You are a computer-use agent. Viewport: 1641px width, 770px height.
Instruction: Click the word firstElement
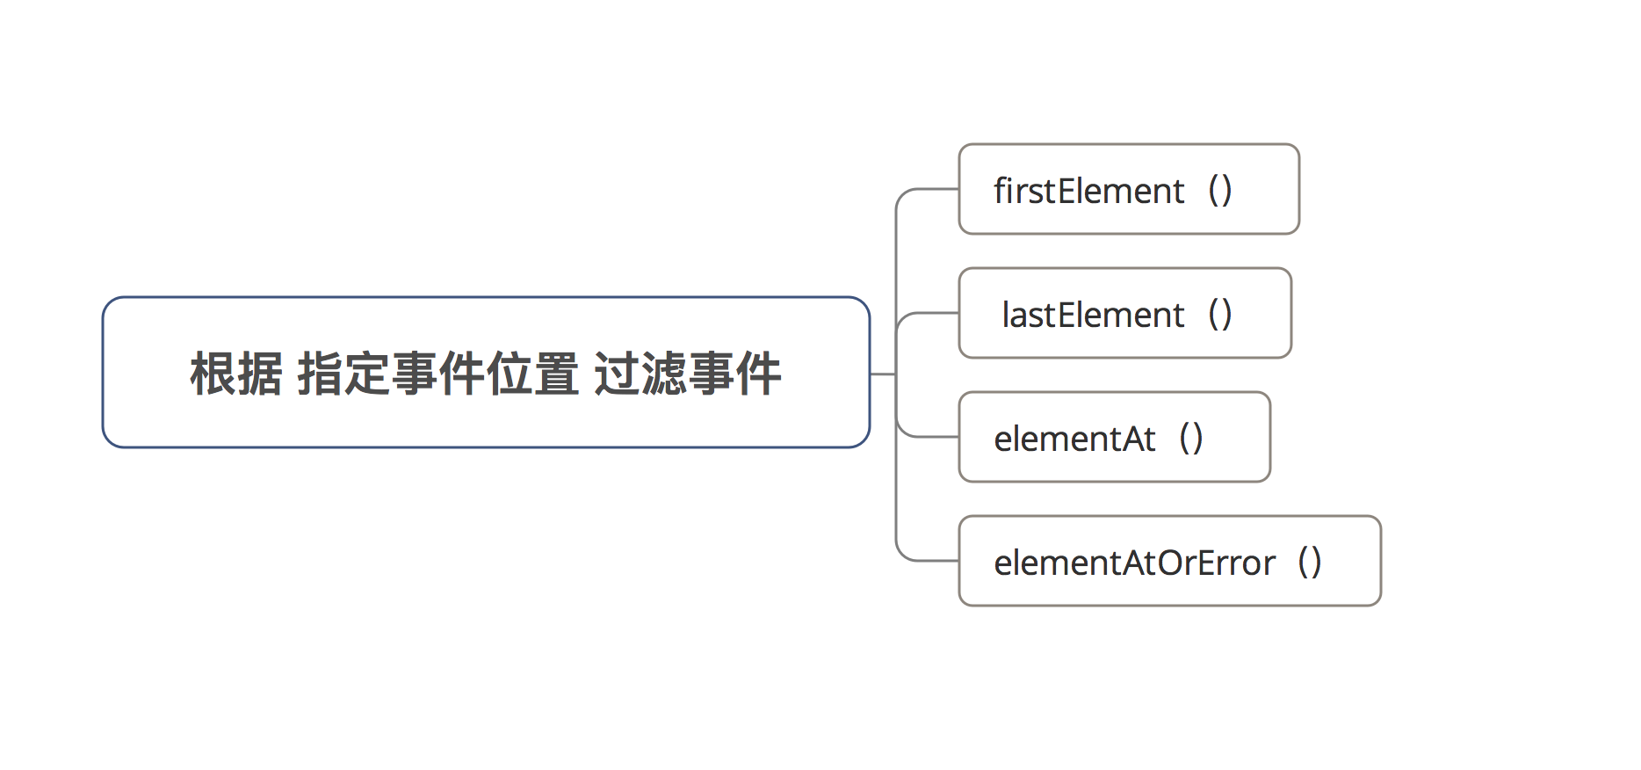click(1088, 191)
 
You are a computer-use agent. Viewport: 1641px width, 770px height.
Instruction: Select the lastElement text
click(1093, 315)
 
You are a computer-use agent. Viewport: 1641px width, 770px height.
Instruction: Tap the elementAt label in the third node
click(1074, 439)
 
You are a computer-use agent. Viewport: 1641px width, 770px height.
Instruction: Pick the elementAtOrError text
click(1134, 563)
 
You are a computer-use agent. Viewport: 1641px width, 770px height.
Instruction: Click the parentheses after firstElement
click(1220, 191)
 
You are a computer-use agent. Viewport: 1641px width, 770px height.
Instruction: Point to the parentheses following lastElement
click(1220, 315)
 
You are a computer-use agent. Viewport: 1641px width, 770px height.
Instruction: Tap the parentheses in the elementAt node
click(1191, 439)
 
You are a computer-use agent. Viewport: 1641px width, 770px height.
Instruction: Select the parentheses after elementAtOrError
click(1310, 563)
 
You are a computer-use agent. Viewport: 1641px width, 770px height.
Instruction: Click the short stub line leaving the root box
click(882, 374)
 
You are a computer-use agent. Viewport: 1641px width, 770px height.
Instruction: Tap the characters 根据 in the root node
click(236, 374)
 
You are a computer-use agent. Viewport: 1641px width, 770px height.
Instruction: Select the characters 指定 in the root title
click(344, 374)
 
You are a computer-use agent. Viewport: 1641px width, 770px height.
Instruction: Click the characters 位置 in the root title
click(533, 374)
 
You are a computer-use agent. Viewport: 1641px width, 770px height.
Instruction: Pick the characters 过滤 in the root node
click(640, 374)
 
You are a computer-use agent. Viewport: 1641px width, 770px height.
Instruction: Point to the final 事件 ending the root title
click(735, 374)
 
